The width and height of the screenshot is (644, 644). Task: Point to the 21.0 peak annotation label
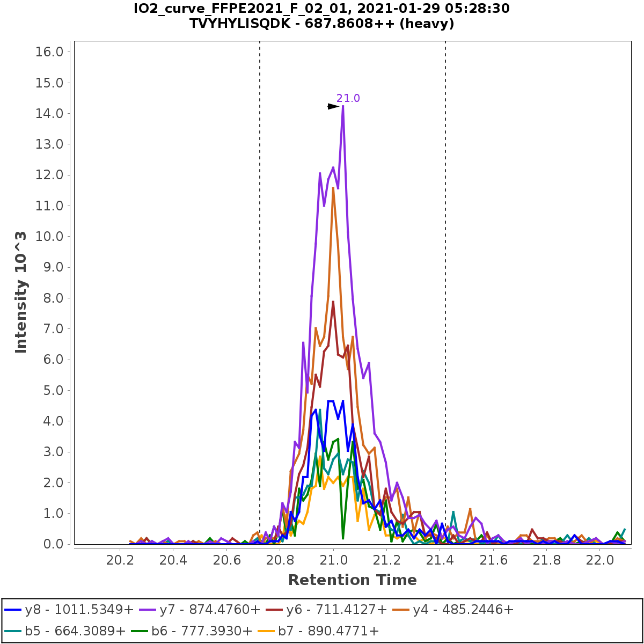point(348,98)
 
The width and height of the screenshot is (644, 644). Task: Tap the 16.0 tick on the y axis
point(49,52)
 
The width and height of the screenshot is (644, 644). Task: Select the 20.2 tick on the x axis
point(120,560)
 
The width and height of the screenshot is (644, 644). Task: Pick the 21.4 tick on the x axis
point(440,560)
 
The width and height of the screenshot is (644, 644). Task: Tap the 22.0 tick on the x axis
point(600,560)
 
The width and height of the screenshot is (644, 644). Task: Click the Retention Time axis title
point(352,580)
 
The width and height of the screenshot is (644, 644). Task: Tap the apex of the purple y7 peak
point(343,106)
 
